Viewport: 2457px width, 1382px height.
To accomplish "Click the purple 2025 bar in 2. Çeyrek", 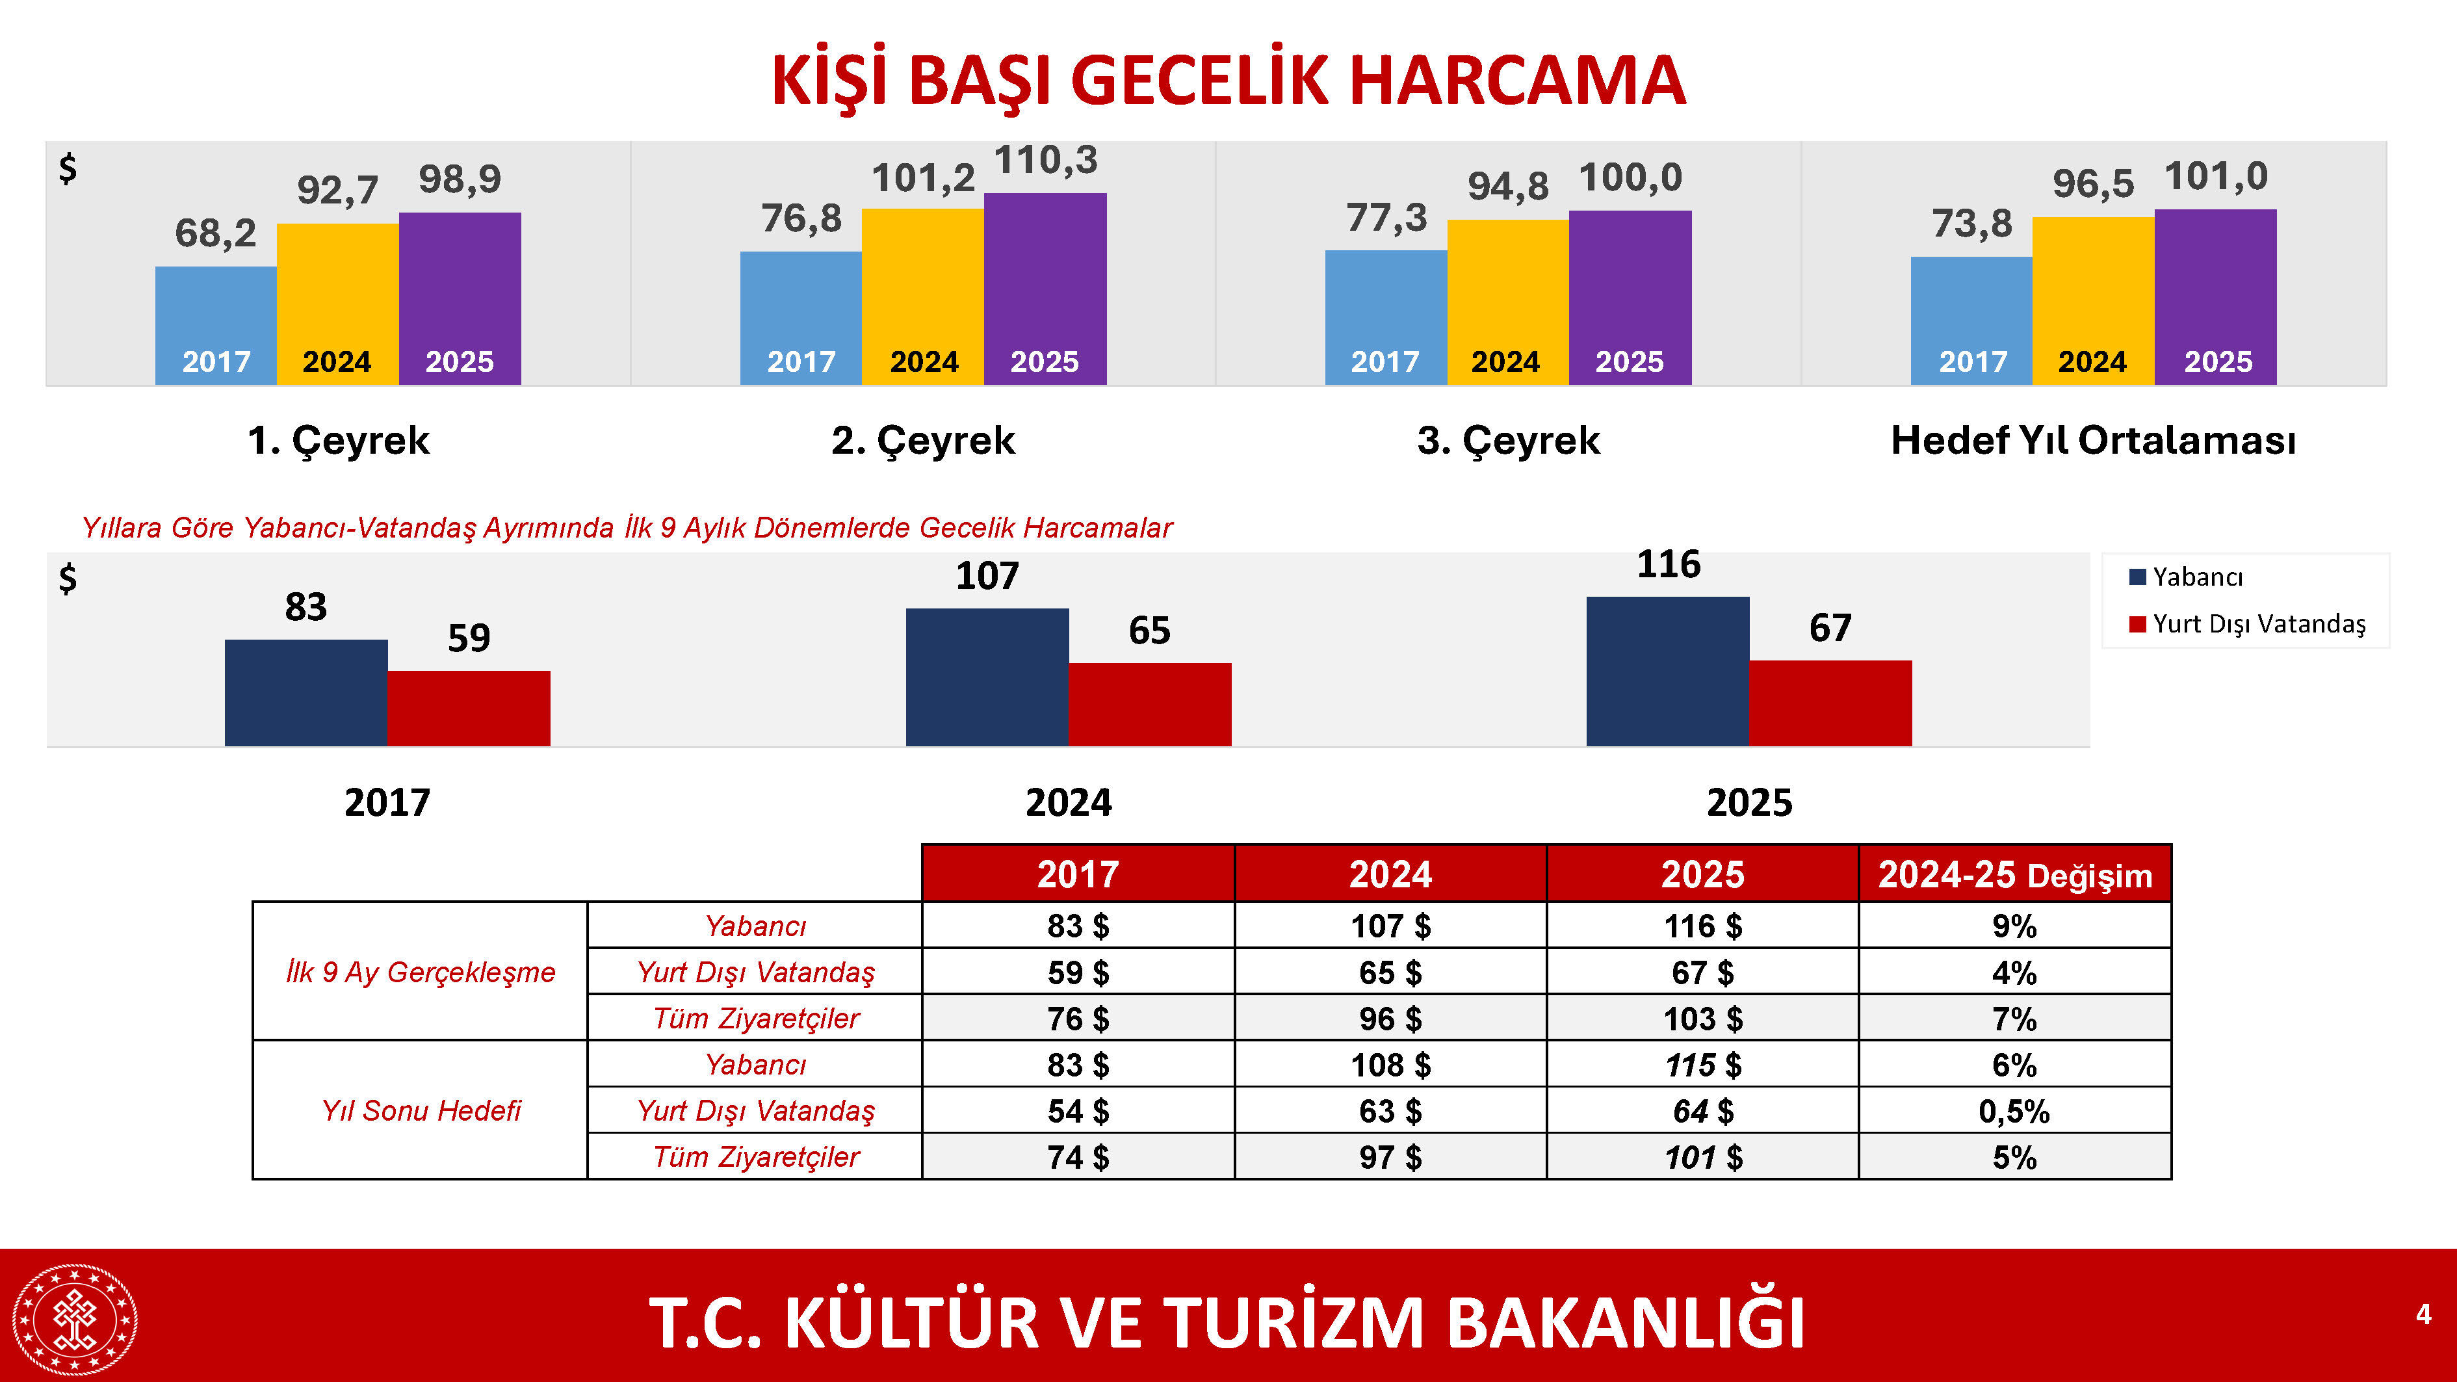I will pyautogui.click(x=1045, y=286).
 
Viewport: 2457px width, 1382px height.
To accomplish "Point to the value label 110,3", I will pyautogui.click(x=1046, y=160).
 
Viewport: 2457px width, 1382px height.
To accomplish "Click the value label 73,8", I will pyautogui.click(x=1971, y=224).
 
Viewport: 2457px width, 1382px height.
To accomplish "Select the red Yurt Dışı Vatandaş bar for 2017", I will pyautogui.click(x=468, y=708).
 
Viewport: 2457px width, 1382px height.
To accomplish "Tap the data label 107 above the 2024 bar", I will pyautogui.click(x=987, y=576).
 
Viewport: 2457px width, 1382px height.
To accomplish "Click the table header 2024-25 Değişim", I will pyautogui.click(x=2014, y=874).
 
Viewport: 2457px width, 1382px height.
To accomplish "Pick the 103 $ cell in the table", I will pyautogui.click(x=1702, y=1019).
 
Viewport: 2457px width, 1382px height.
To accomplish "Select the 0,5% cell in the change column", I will pyautogui.click(x=2014, y=1111).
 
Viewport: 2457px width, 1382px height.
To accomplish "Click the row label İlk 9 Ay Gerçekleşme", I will pyautogui.click(x=420, y=972).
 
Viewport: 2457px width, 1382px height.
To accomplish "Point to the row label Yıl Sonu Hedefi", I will pyautogui.click(x=421, y=1111).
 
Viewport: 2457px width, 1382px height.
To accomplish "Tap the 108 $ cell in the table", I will pyautogui.click(x=1390, y=1064).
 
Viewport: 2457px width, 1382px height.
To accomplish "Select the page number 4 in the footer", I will pyautogui.click(x=2423, y=1315).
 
